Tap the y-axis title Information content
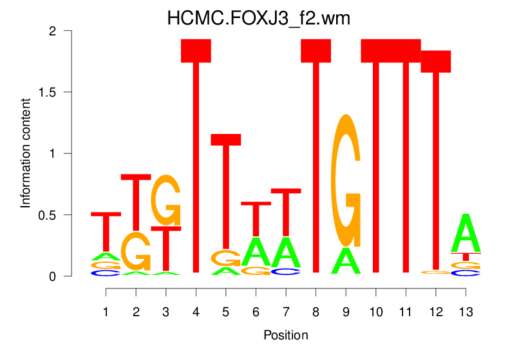coord(26,153)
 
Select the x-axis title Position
coord(285,336)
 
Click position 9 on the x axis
coord(346,312)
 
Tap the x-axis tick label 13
coord(466,312)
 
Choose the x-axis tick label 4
coord(196,312)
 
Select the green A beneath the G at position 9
coord(346,261)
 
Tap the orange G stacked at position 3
coord(166,200)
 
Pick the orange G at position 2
coord(136,252)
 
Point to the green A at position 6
coord(256,252)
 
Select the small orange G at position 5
coord(225,258)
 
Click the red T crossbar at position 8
coord(316,51)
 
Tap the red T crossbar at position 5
coord(226,140)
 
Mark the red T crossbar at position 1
coord(106,214)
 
